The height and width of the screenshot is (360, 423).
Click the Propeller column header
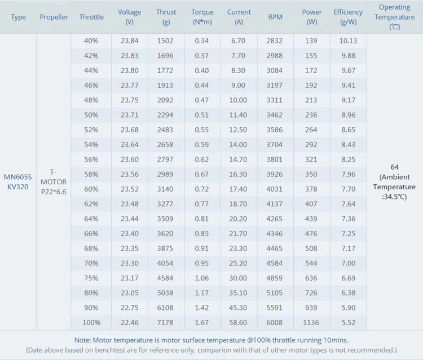(x=54, y=17)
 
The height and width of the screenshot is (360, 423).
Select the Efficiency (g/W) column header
(x=348, y=17)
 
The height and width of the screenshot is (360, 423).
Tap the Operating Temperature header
(x=394, y=17)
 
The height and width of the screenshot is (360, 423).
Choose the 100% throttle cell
(x=91, y=323)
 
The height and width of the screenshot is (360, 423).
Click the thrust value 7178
(x=166, y=323)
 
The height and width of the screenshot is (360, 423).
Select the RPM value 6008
(x=275, y=323)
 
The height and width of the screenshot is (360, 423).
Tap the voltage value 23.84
(x=130, y=41)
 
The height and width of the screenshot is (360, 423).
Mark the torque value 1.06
(x=202, y=278)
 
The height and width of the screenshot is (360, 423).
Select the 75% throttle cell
(x=91, y=278)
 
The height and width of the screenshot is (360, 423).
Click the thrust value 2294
(x=166, y=115)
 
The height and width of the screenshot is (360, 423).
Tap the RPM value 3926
(x=275, y=175)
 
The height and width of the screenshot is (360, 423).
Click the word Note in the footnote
(x=83, y=340)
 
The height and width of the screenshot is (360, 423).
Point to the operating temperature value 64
(x=394, y=167)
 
